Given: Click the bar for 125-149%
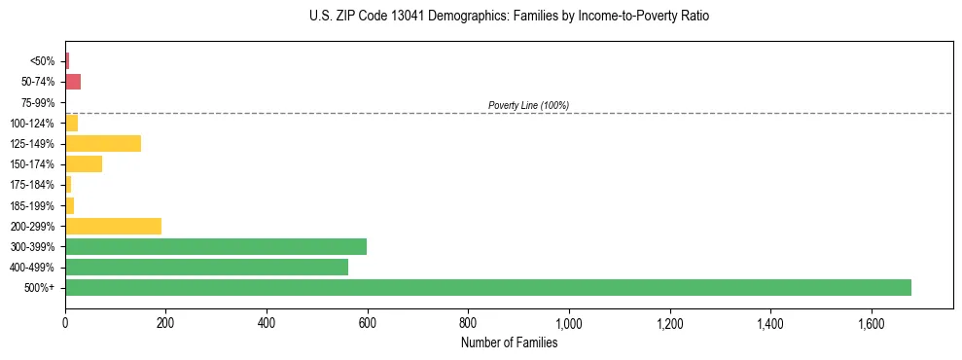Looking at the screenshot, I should tap(103, 144).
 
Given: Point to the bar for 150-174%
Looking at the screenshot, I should tap(84, 164).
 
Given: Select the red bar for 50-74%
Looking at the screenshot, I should tap(73, 82).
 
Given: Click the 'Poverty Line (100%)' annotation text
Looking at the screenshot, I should tap(528, 105).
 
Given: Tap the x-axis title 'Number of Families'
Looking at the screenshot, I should tap(509, 342).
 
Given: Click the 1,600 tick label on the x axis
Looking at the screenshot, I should tap(871, 322).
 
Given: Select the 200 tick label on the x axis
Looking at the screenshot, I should tap(165, 322).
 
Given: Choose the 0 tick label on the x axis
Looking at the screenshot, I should tap(65, 322).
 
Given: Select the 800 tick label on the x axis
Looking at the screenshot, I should tap(468, 322).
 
